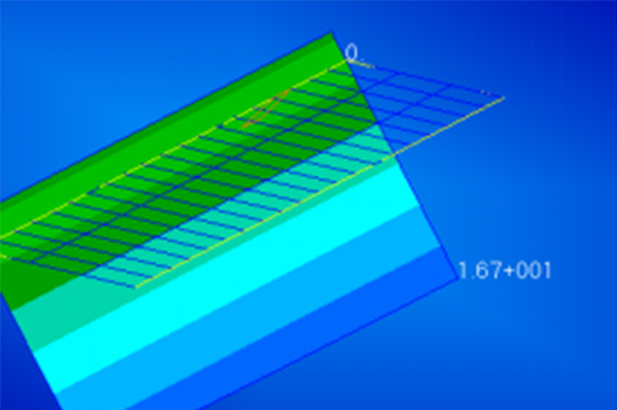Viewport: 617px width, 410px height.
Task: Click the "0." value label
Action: coord(351,53)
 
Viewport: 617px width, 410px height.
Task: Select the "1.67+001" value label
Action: coord(504,271)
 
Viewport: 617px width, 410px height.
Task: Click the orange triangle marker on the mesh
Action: coord(265,110)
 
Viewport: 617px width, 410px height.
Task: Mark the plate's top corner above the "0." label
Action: coord(331,32)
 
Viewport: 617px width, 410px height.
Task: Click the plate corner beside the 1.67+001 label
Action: coord(458,278)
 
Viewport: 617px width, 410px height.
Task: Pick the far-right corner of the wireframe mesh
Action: coord(504,98)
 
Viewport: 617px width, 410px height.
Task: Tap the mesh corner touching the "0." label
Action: coord(348,61)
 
